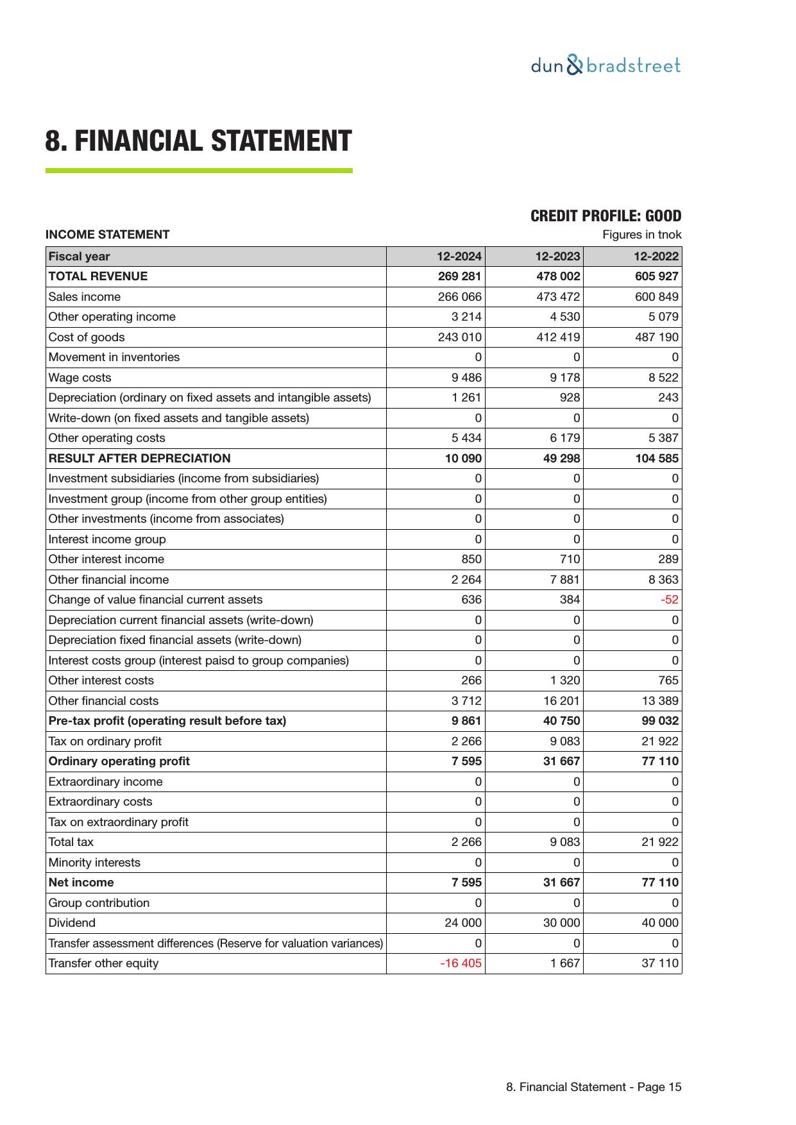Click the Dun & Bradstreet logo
click(605, 66)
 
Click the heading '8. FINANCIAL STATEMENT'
click(198, 141)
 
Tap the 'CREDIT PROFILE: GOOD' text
click(605, 216)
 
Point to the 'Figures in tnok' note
click(641, 235)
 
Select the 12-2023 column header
click(557, 257)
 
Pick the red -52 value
click(670, 600)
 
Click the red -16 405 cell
click(461, 963)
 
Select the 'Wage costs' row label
click(80, 378)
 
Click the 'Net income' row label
click(81, 883)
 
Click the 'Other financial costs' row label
click(103, 701)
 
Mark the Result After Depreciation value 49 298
click(561, 459)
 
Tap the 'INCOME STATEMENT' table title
click(107, 235)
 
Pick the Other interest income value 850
click(471, 559)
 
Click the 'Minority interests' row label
click(94, 863)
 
